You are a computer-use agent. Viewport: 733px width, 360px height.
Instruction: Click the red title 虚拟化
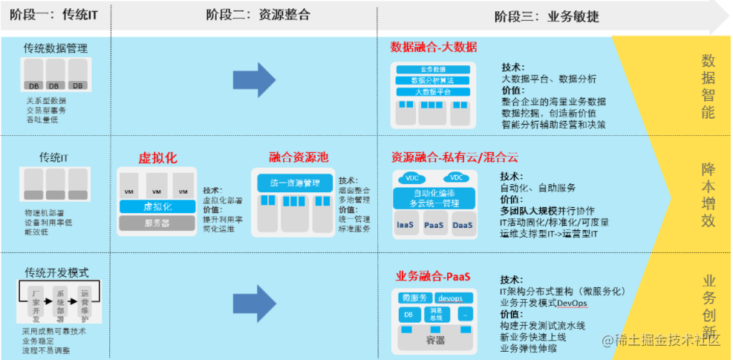click(x=157, y=158)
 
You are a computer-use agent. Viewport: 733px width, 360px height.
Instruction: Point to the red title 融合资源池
click(x=299, y=157)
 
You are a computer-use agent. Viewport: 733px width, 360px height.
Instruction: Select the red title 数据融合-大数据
click(x=434, y=47)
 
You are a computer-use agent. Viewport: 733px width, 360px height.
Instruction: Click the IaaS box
click(x=405, y=223)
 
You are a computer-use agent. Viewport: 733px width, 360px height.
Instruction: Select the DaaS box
click(x=463, y=223)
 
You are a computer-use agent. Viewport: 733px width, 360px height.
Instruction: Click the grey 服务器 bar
click(x=157, y=223)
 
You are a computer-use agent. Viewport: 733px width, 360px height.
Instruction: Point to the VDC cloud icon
click(x=456, y=178)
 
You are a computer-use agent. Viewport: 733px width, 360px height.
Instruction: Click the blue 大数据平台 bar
click(x=434, y=91)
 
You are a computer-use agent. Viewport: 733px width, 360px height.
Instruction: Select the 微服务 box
click(x=414, y=298)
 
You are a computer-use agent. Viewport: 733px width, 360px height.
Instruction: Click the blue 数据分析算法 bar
click(x=434, y=80)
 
